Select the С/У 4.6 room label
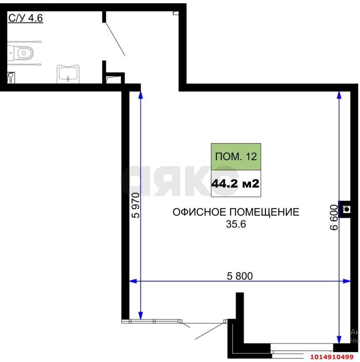pos(25,18)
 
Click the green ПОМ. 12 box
pos(236,156)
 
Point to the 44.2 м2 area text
pos(236,184)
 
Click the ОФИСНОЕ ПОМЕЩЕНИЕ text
pos(235,212)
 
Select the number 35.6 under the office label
pos(236,224)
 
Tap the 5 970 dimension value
pos(136,205)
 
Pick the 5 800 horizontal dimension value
pos(239,276)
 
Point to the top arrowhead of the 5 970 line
pos(140,95)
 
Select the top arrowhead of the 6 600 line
pos(339,95)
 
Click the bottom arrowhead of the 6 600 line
pos(339,339)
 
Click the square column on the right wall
pos(345,209)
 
